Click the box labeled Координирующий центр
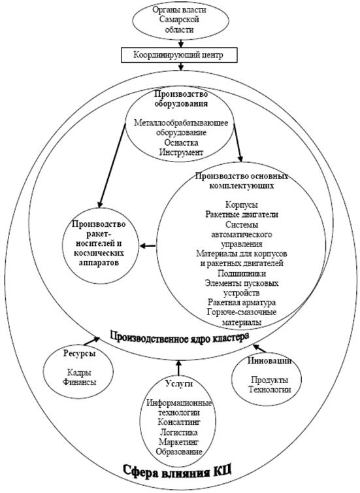[x=179, y=56]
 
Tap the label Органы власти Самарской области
[x=180, y=20]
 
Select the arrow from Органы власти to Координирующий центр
[x=180, y=43]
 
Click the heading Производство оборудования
[x=181, y=99]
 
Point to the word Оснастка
[x=181, y=143]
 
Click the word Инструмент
[x=182, y=152]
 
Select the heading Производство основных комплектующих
[x=242, y=180]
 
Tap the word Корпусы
[x=242, y=205]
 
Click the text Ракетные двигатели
[x=242, y=214]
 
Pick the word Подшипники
[x=242, y=273]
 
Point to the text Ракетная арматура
[x=242, y=303]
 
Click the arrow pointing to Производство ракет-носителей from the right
[x=147, y=246]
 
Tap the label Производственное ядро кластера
[x=180, y=337]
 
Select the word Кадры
[x=79, y=373]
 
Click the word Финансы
[x=80, y=382]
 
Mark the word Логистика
[x=179, y=432]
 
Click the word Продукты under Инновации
[x=270, y=380]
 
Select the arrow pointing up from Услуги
[x=178, y=368]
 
